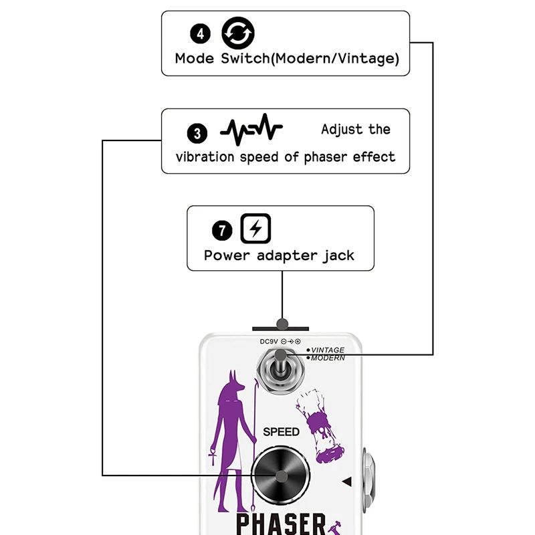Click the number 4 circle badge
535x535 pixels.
pyautogui.click(x=200, y=33)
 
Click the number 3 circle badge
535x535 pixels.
pyautogui.click(x=197, y=133)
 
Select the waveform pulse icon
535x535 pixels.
pyautogui.click(x=251, y=129)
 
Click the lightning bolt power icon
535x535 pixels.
pyautogui.click(x=256, y=229)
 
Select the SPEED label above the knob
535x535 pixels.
pyautogui.click(x=281, y=432)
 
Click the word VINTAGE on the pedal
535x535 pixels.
pyautogui.click(x=328, y=350)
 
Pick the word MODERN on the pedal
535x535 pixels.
pyautogui.click(x=328, y=358)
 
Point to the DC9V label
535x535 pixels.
pyautogui.click(x=268, y=342)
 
